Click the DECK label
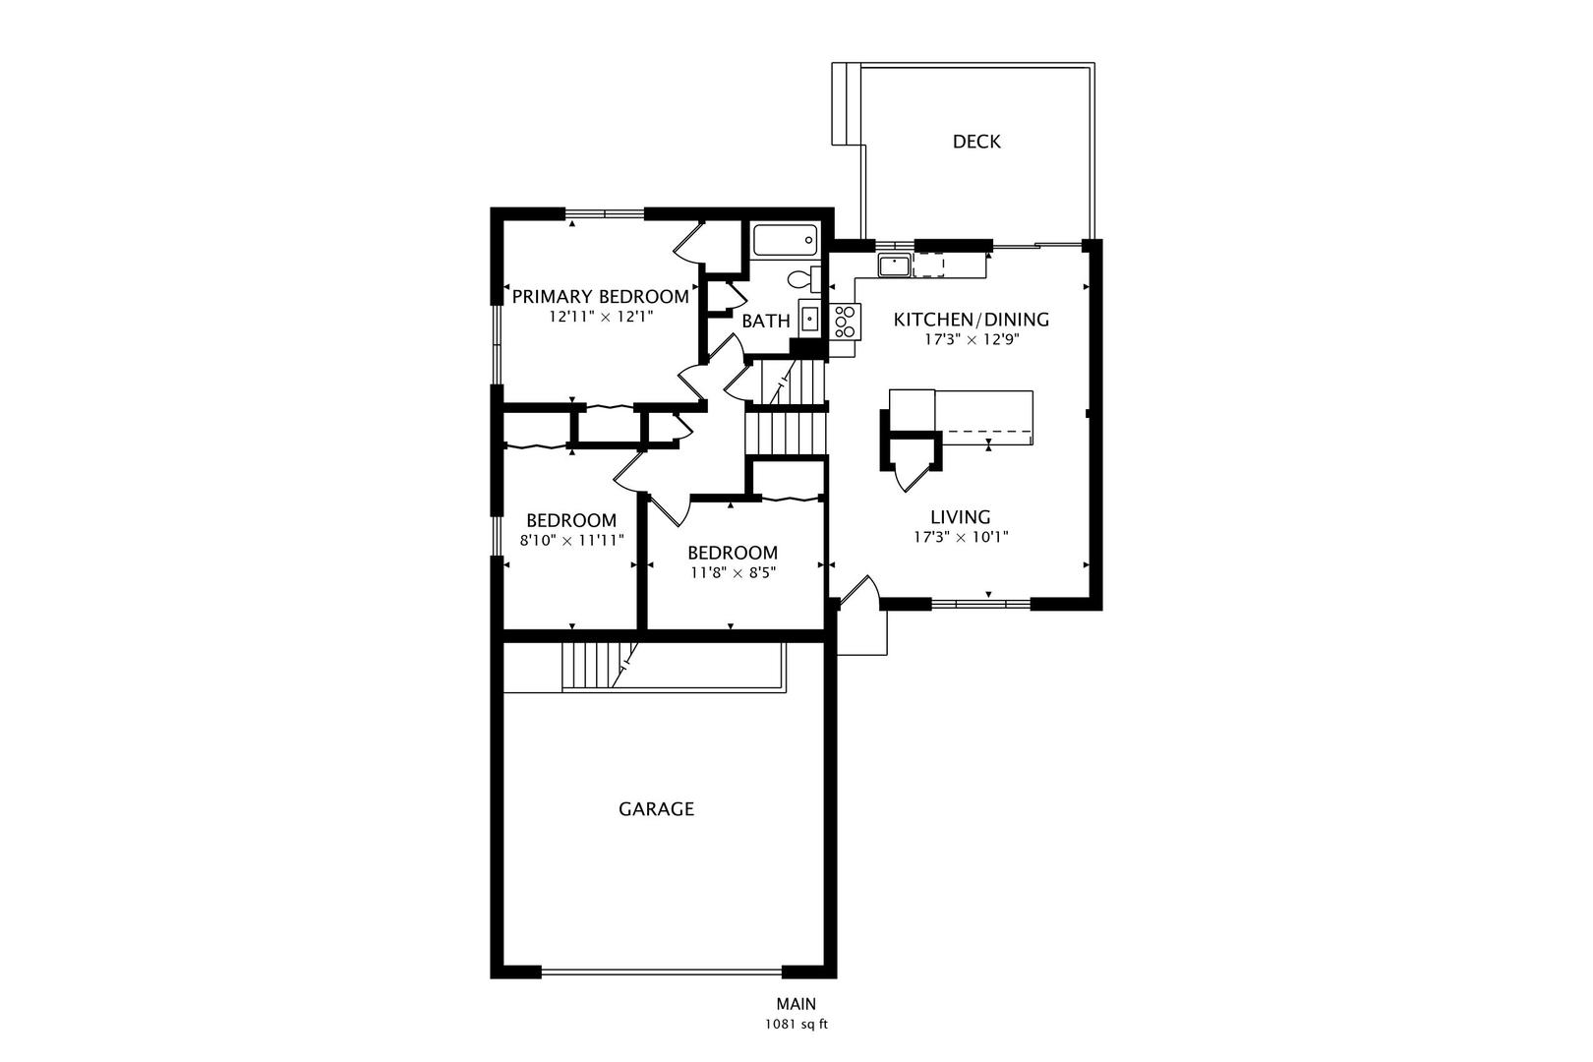coord(976,142)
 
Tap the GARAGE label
coord(656,809)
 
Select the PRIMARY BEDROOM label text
coord(600,297)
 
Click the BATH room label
coord(766,321)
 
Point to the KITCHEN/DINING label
coord(971,320)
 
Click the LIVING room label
coord(961,517)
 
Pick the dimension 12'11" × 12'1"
coord(600,318)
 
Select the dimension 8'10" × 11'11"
coord(571,540)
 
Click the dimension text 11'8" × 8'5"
coord(733,572)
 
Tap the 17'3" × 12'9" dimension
coord(971,340)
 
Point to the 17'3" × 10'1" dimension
coord(961,537)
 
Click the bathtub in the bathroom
coord(785,240)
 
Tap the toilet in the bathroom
coord(801,278)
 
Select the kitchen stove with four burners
coord(845,321)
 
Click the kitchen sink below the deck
coord(894,265)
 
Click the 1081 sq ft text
coord(796,1025)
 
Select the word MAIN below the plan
coord(796,1004)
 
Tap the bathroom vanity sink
coord(809,318)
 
